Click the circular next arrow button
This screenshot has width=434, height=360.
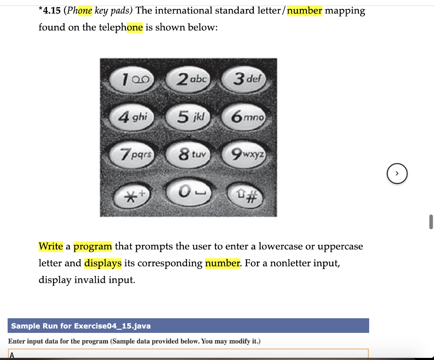(397, 174)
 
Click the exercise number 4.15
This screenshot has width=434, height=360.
(50, 11)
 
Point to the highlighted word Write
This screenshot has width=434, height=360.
(51, 246)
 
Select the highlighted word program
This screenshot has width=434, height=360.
(93, 246)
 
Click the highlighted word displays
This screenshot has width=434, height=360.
(103, 263)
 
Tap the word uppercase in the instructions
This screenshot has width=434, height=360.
(340, 246)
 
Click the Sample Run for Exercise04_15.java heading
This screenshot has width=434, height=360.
(81, 326)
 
